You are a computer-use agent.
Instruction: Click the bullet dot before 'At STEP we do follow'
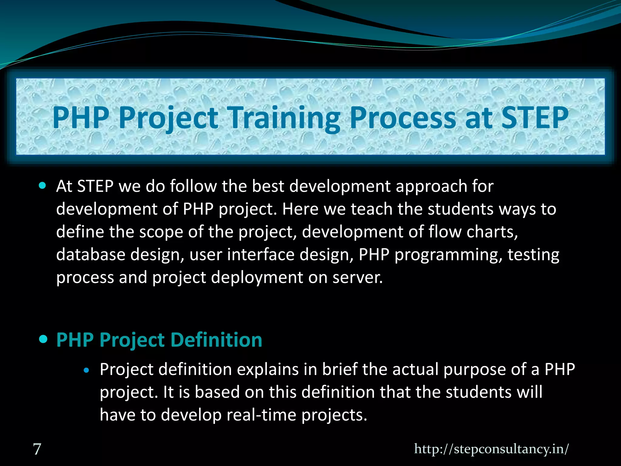click(43, 185)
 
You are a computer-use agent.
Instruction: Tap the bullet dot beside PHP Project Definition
click(44, 339)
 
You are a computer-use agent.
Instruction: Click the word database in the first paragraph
click(91, 255)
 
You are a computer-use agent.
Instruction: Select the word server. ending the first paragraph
click(357, 277)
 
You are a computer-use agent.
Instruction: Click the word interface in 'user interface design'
click(260, 255)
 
